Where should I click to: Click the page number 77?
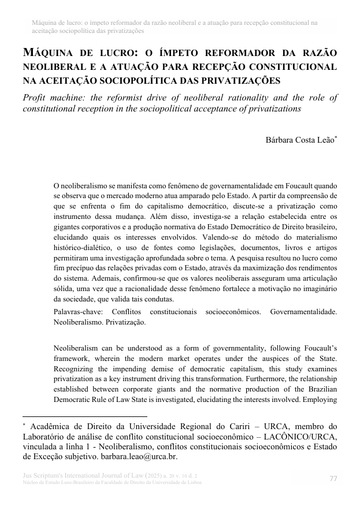pos(333,478)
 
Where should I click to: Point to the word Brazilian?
pos(320,392)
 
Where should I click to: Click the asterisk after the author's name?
pos(336,137)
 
